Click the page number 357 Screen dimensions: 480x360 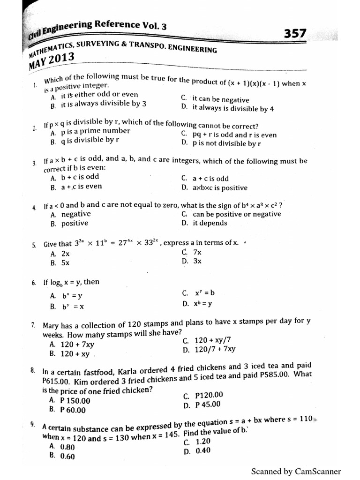click(x=295, y=34)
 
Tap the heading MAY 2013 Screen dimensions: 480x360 click(x=51, y=60)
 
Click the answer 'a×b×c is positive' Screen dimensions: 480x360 click(x=220, y=188)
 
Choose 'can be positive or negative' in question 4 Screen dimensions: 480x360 click(x=237, y=214)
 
